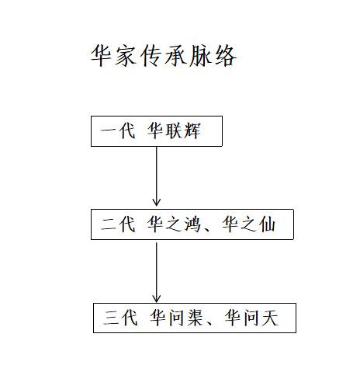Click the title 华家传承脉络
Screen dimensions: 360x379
[164, 55]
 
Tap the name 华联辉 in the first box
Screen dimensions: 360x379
[174, 131]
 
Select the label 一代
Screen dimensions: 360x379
[118, 131]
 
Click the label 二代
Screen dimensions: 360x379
[118, 224]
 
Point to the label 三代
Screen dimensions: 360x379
[120, 318]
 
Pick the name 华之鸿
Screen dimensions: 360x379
[174, 224]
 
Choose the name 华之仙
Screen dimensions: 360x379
[249, 224]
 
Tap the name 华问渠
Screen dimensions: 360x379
[177, 318]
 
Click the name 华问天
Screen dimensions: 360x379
[251, 318]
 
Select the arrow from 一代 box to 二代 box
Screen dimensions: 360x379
[157, 176]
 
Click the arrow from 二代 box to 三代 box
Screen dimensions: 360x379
[157, 273]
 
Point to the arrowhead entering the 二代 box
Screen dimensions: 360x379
[157, 203]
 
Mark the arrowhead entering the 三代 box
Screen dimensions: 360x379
[157, 299]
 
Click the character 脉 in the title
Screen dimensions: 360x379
[200, 55]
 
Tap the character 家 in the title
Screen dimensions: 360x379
[125, 55]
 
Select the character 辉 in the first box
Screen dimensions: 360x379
[192, 131]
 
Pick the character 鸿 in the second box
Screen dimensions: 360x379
[192, 224]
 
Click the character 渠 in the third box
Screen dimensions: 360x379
[195, 318]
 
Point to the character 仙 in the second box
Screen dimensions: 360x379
[267, 224]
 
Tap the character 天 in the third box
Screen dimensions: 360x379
[270, 318]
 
